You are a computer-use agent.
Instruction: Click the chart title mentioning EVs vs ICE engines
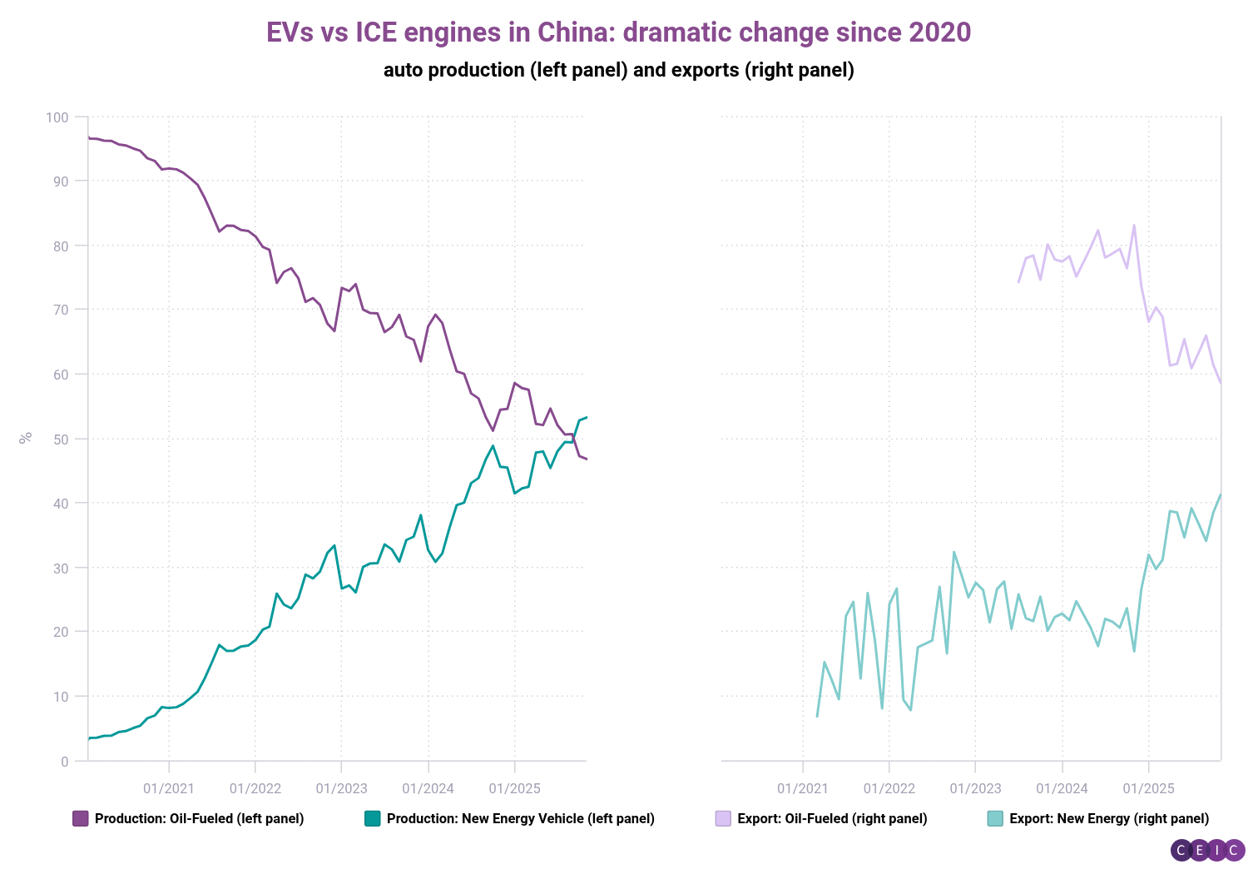point(618,32)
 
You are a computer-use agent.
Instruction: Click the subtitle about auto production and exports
point(618,70)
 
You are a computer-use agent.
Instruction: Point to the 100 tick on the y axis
point(57,117)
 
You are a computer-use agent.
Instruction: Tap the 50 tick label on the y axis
point(61,439)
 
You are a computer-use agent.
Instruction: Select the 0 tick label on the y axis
point(64,761)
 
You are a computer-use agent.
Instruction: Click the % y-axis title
point(26,437)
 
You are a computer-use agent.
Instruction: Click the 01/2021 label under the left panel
point(169,788)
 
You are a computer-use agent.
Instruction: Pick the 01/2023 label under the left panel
point(341,788)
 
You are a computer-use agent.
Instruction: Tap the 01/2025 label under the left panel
point(514,788)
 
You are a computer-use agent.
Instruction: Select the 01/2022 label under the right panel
point(889,788)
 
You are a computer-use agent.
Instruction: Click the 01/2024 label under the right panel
point(1062,788)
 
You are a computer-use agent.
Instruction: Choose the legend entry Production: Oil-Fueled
point(199,818)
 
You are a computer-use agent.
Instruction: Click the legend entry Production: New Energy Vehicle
point(520,818)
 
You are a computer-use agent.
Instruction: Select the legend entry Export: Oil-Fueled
point(832,818)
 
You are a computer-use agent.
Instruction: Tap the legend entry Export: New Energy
point(1108,818)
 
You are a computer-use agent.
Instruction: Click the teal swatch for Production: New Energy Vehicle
point(373,818)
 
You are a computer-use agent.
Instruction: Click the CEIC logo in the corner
point(1207,850)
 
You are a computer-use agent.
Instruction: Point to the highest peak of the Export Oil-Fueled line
point(1133,226)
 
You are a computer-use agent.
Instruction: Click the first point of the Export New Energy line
point(817,716)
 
